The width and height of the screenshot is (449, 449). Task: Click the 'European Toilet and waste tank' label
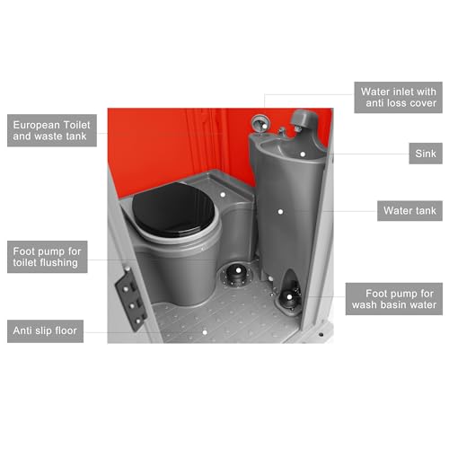point(52,130)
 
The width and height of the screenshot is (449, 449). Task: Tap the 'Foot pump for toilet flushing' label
point(48,257)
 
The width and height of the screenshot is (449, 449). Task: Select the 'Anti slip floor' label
point(45,331)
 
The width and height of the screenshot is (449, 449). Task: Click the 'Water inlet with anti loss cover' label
point(398,97)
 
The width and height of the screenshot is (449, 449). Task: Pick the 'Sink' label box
point(426,154)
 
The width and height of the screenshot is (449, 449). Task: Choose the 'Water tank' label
point(409,211)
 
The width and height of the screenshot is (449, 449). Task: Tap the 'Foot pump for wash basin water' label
point(394,299)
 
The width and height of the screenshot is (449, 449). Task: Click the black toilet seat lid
point(173,209)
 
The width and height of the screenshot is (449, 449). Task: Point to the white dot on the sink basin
point(303,154)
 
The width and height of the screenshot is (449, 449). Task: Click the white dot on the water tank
point(280,212)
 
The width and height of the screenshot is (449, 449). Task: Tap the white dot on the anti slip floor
point(205,332)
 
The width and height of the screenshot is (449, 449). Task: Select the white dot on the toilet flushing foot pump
point(238,270)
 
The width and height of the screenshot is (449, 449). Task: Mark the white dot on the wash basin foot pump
point(289,297)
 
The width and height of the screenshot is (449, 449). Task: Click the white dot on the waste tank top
point(223,195)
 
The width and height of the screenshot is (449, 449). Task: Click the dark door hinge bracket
point(131,298)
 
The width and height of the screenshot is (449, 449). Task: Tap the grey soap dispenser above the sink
point(303,119)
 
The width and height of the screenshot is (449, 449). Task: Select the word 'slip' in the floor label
point(43,331)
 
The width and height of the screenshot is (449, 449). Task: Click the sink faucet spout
point(281,130)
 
